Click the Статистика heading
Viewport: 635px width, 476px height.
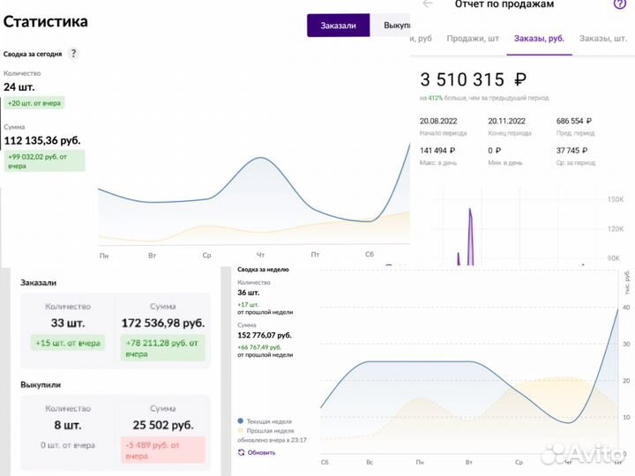(x=45, y=21)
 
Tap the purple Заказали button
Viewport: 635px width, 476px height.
(x=338, y=26)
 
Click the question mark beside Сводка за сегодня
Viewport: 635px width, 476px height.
(x=73, y=54)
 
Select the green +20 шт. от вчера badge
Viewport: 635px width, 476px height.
(x=35, y=102)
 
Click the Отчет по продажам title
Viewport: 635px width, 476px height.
(x=504, y=5)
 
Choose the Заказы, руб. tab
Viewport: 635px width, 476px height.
(x=539, y=39)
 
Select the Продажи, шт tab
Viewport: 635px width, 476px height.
(x=473, y=39)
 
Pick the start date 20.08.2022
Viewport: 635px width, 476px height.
(x=441, y=122)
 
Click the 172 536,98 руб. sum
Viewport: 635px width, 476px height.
(x=161, y=324)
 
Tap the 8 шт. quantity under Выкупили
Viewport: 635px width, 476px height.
(x=67, y=425)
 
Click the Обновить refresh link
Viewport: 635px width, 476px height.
(x=261, y=452)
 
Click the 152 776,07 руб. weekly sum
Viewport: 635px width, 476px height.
(x=265, y=335)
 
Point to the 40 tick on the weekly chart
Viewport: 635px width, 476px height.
(x=625, y=308)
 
